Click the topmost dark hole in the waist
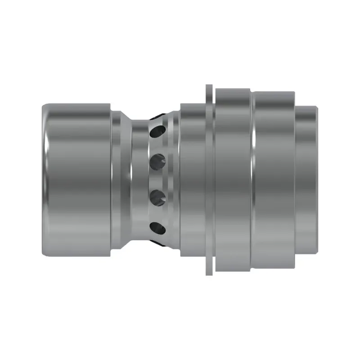pyautogui.click(x=158, y=131)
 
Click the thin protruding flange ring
pyautogui.click(x=209, y=180)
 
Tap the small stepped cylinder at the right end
pyautogui.click(x=307, y=180)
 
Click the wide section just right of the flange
pyautogui.click(x=232, y=180)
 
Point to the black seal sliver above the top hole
pyautogui.click(x=157, y=116)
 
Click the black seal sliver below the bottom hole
pyautogui.click(x=157, y=243)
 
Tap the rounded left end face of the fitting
pyautogui.click(x=45, y=180)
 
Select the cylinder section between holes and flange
pyautogui.click(x=193, y=180)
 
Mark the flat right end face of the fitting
pyautogui.click(x=318, y=180)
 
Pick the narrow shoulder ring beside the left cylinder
pyautogui.click(x=116, y=180)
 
